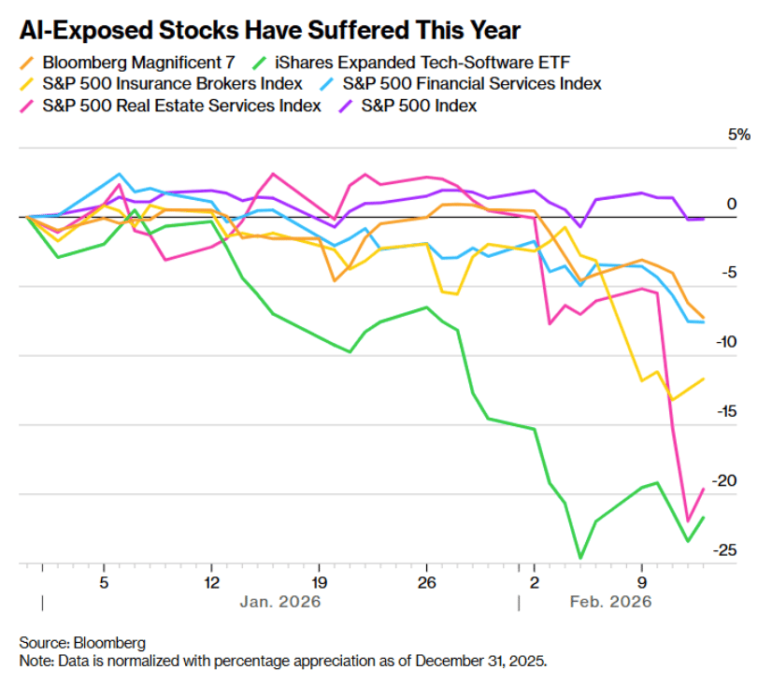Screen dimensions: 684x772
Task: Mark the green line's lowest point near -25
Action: (x=580, y=558)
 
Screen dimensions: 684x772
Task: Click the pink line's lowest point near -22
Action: (x=688, y=521)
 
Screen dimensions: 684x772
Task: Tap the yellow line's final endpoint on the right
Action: (x=704, y=378)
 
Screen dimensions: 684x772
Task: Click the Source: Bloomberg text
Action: (x=83, y=643)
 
